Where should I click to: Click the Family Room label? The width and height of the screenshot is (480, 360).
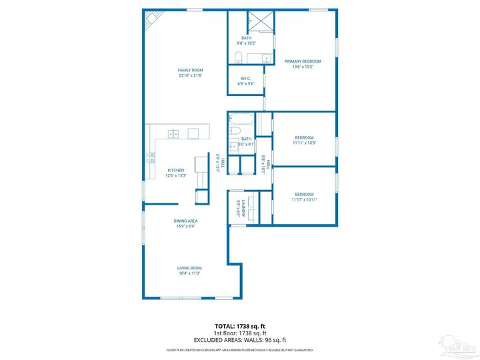tap(190, 70)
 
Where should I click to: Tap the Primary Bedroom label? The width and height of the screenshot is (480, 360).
tap(303, 61)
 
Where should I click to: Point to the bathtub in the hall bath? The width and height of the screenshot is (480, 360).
tap(240, 122)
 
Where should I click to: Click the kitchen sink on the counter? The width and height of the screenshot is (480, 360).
tap(173, 134)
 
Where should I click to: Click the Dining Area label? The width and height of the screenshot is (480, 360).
tap(186, 221)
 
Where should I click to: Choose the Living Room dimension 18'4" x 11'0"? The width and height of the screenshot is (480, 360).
tap(189, 273)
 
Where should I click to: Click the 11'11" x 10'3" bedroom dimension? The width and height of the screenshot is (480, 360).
tap(304, 143)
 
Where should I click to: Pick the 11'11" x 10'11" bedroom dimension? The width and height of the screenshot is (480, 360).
tap(304, 199)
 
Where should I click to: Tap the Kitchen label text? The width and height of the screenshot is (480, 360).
tap(175, 170)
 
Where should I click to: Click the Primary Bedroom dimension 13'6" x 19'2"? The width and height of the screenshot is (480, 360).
tap(303, 67)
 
